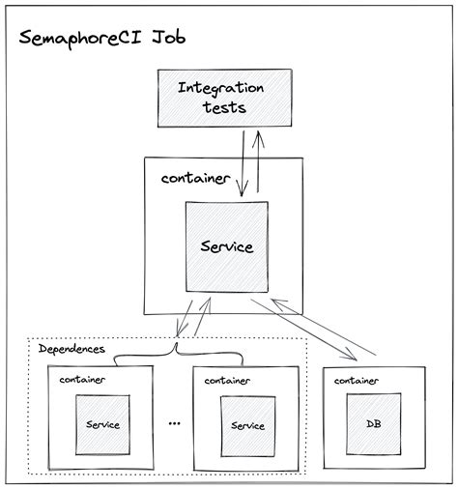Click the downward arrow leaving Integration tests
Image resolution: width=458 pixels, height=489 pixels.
242,159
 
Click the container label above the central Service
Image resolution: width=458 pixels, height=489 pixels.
194,180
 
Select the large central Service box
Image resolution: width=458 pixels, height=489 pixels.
226,246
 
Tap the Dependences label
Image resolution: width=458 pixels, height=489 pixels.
72,347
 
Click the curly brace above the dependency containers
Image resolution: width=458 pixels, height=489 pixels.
176,357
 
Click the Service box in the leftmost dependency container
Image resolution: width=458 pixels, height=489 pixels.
103,424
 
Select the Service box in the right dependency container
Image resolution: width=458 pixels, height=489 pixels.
247,424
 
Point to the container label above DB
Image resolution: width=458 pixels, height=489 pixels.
357,380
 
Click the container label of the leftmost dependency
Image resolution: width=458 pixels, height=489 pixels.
82,380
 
